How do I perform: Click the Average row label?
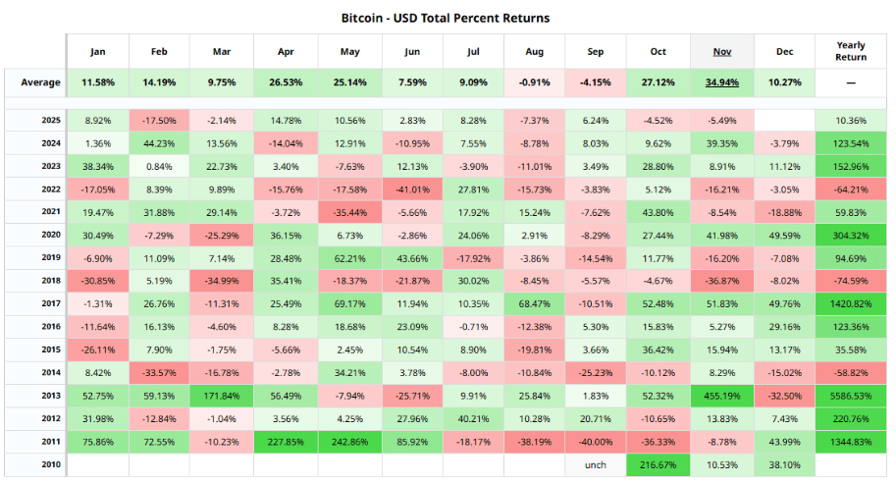click(x=40, y=82)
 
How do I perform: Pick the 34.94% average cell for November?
click(x=721, y=82)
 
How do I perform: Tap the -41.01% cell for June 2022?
click(x=411, y=188)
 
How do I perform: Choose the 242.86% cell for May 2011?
click(x=349, y=442)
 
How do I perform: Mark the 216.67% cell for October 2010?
click(x=659, y=464)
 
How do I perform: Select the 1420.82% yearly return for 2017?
click(x=851, y=303)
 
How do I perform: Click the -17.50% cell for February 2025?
click(x=160, y=120)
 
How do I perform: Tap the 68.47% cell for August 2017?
click(x=535, y=303)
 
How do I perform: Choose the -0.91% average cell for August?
click(x=535, y=82)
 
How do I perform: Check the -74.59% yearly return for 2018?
click(x=851, y=281)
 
